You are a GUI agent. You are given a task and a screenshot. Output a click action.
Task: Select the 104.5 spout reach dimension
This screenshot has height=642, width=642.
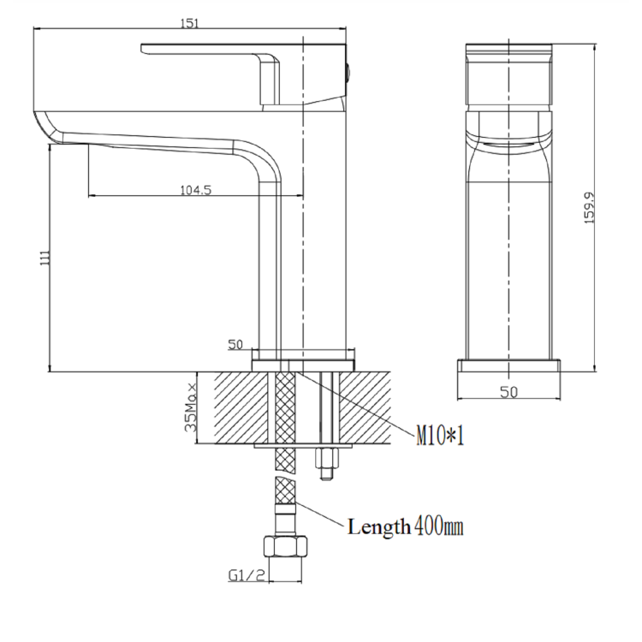point(196,190)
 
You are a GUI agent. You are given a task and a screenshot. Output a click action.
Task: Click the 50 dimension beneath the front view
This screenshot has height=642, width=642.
point(508,391)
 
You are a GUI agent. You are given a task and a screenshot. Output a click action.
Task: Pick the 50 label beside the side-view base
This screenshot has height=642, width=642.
point(235,345)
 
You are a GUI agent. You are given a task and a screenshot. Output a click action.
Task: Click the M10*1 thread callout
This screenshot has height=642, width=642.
point(440,437)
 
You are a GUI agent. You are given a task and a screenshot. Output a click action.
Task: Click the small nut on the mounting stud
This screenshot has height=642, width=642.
point(326,469)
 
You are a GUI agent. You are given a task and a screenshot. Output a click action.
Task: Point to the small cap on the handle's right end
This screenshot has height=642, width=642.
point(348,71)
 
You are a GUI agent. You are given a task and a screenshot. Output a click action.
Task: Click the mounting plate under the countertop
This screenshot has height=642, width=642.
point(304,447)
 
